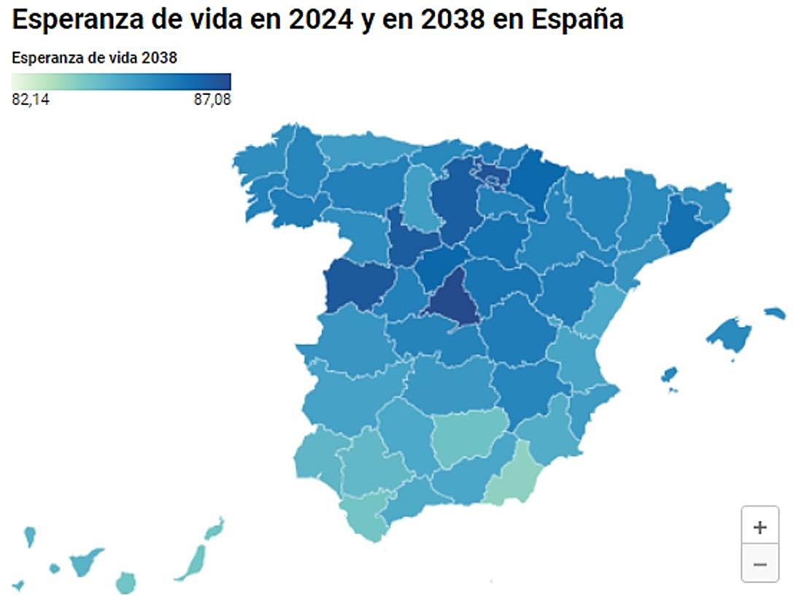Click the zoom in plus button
pos(760,528)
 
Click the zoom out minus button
pos(760,564)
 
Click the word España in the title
pos(577,20)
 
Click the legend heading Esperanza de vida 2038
pos(95,58)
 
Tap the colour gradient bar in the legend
pos(121,81)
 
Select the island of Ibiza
pos(668,375)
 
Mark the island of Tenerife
pos(86,561)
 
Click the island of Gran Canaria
pos(126,582)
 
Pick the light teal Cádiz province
pos(369,514)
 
